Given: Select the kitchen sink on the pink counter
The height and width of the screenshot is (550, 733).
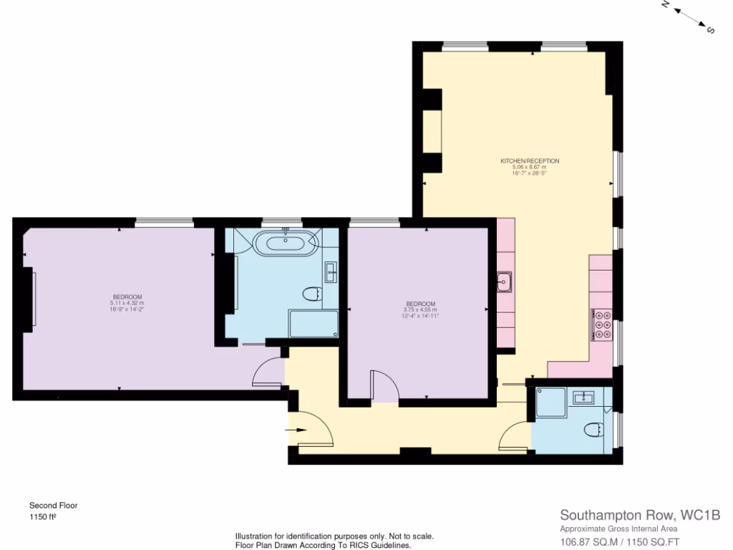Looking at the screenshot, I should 505,282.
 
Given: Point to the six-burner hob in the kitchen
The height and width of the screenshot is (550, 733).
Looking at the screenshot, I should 601,325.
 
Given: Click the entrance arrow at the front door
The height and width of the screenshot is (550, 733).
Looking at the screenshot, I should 296,430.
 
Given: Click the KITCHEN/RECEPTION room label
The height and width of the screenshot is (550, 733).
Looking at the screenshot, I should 530,161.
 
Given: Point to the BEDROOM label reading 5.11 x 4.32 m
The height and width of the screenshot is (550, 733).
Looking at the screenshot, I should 127,297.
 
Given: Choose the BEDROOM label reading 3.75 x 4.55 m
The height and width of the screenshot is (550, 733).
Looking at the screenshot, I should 419,304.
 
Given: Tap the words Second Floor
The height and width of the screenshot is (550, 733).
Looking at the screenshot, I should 53,505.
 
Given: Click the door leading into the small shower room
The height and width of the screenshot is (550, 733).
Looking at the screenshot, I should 516,437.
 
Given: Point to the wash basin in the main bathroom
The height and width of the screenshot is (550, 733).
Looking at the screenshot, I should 331,271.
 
